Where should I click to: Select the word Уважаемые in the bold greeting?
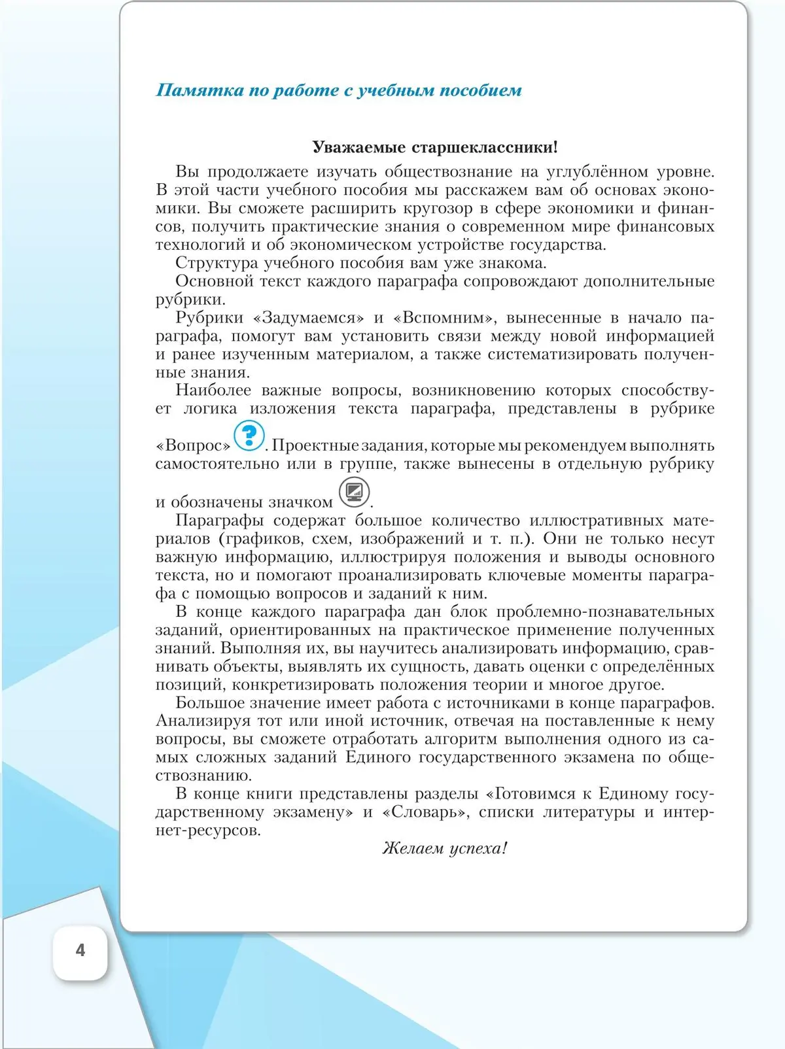(x=359, y=147)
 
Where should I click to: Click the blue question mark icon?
(x=249, y=436)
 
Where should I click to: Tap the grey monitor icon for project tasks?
(x=354, y=492)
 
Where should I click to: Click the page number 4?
(x=80, y=950)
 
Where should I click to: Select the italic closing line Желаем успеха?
(x=445, y=849)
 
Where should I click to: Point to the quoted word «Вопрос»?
(x=194, y=446)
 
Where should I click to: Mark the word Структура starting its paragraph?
(x=217, y=264)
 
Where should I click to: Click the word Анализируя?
(x=203, y=721)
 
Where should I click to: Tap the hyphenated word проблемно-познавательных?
(x=605, y=612)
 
